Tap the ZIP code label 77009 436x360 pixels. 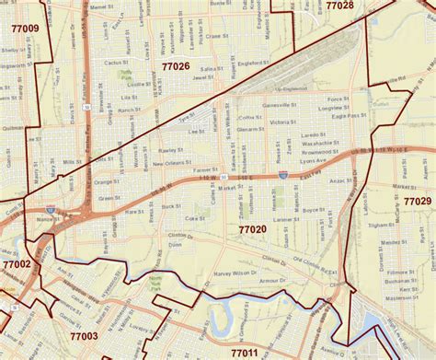pyautogui.click(x=24, y=29)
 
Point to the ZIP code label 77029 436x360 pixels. pyautogui.click(x=417, y=201)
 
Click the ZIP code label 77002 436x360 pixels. pyautogui.click(x=16, y=263)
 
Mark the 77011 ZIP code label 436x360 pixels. pyautogui.click(x=245, y=352)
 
